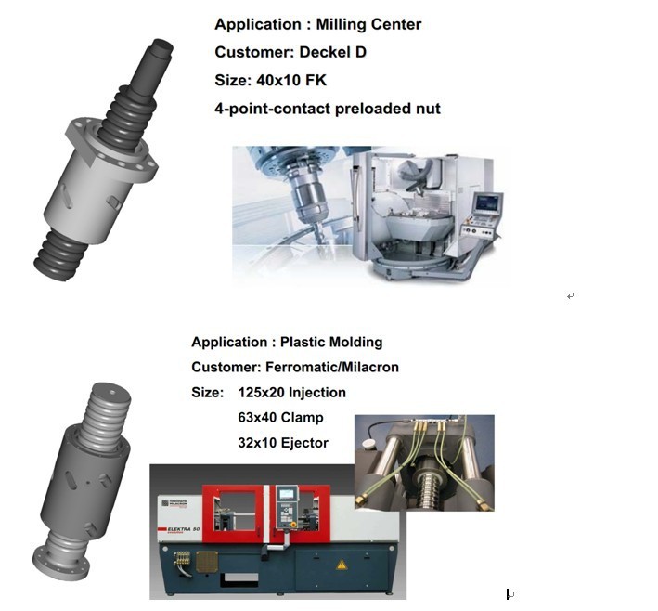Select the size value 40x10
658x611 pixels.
pyautogui.click(x=277, y=80)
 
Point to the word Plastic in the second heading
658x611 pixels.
pyautogui.click(x=303, y=342)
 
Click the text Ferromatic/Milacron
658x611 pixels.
pyautogui.click(x=332, y=368)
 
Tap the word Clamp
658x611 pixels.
pyautogui.click(x=302, y=418)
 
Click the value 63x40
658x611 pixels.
pyautogui.click(x=257, y=418)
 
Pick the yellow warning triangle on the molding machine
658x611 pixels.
pyautogui.click(x=342, y=565)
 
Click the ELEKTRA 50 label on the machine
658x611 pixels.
pyautogui.click(x=184, y=529)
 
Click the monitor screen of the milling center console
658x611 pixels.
pyautogui.click(x=486, y=203)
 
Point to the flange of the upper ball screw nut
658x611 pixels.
pyautogui.click(x=111, y=147)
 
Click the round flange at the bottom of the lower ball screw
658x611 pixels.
pyautogui.click(x=61, y=563)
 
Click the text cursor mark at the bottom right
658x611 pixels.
pyautogui.click(x=509, y=594)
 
